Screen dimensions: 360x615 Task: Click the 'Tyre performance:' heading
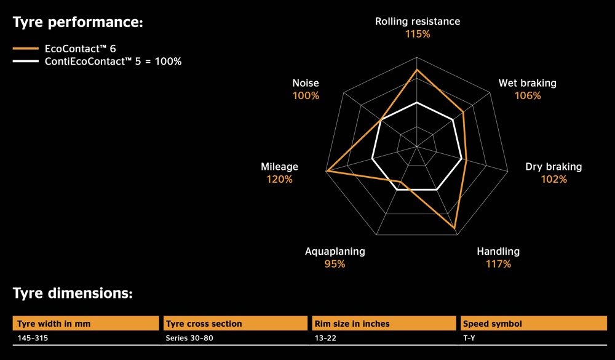pos(77,23)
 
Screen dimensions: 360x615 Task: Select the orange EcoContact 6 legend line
pos(26,47)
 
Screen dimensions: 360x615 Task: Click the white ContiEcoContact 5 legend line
pos(26,62)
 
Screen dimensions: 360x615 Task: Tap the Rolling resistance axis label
pos(417,22)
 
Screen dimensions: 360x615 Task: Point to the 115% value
pos(417,34)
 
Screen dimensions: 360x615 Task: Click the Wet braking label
pos(527,83)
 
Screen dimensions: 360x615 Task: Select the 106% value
pos(528,96)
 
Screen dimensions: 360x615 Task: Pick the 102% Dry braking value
pos(553,180)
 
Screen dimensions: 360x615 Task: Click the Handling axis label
pos(498,251)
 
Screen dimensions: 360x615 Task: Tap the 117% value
pos(498,264)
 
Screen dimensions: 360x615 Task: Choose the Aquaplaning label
pos(335,251)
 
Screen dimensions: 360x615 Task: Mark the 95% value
pos(335,264)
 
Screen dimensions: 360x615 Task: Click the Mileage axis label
pos(279,167)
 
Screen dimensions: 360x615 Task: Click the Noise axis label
pos(306,83)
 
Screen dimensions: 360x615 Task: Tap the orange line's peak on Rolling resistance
pos(417,70)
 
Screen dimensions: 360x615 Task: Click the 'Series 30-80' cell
pos(190,338)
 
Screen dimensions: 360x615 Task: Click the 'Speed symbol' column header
pos(493,324)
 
